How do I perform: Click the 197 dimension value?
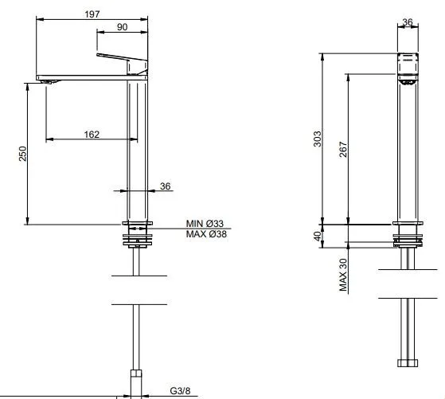(92, 14)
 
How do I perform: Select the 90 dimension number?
(122, 27)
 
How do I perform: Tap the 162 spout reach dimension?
(92, 135)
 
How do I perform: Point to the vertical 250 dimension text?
(23, 154)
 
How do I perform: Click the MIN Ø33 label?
(205, 224)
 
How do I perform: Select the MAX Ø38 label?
(206, 234)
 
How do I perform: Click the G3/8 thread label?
(180, 391)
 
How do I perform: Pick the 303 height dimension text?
(318, 139)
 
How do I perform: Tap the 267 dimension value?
(343, 150)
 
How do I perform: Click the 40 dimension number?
(318, 236)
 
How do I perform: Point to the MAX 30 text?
(343, 275)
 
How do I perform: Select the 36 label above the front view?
(408, 22)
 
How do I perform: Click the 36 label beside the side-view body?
(165, 186)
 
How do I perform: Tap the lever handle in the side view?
(122, 57)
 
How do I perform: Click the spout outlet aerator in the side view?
(50, 82)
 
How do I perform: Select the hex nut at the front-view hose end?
(408, 363)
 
